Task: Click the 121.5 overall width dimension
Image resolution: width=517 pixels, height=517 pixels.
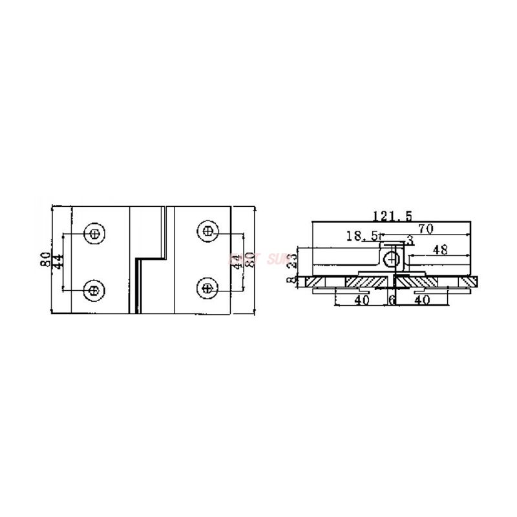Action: (x=392, y=215)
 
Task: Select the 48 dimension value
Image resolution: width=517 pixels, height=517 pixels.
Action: (x=440, y=249)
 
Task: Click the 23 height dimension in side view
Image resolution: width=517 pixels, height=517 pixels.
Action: (x=291, y=261)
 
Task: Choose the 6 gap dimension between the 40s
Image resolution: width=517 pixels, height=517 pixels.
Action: (x=392, y=300)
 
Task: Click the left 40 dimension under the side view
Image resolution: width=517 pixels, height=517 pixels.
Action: (x=361, y=300)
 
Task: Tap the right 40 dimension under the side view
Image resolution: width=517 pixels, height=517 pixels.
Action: (x=421, y=300)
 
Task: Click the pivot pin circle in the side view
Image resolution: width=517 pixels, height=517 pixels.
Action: (x=391, y=259)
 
